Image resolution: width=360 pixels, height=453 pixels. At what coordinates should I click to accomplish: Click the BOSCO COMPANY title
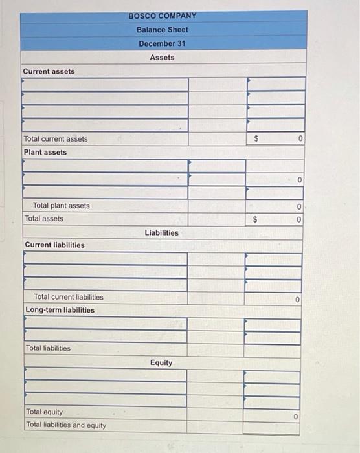click(x=162, y=16)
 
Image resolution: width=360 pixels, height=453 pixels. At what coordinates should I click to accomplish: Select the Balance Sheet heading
click(x=162, y=30)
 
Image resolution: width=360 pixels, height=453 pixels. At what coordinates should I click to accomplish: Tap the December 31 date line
click(x=162, y=43)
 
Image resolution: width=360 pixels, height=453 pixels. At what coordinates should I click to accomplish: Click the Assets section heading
click(x=162, y=58)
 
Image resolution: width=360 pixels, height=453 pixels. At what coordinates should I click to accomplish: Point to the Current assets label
click(x=49, y=71)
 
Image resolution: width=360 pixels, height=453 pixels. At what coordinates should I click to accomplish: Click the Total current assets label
click(x=56, y=138)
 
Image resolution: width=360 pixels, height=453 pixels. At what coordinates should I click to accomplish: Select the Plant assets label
click(x=45, y=152)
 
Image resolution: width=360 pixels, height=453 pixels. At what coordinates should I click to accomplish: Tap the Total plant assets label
click(x=62, y=206)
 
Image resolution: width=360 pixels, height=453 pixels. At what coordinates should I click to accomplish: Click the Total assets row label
click(x=44, y=219)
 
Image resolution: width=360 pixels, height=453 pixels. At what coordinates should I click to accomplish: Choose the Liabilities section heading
click(x=162, y=232)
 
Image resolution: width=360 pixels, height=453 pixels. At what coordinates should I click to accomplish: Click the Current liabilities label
click(x=54, y=245)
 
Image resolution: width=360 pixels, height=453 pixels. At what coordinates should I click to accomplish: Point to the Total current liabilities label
click(x=68, y=297)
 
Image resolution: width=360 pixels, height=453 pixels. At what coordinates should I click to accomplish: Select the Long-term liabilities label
click(x=60, y=310)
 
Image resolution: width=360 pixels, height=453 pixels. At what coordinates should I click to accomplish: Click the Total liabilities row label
click(x=49, y=348)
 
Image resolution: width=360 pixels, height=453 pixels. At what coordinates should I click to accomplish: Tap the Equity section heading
click(x=161, y=362)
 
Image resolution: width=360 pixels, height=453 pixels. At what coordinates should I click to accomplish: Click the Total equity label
click(x=44, y=412)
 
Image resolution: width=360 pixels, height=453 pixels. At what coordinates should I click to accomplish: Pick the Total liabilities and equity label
click(x=66, y=425)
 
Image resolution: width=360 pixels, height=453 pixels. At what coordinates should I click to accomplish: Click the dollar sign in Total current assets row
click(x=256, y=138)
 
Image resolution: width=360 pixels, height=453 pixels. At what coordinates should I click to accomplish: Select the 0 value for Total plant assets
click(x=298, y=206)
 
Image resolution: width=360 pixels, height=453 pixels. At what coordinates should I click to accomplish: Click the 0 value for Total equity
click(x=295, y=417)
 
